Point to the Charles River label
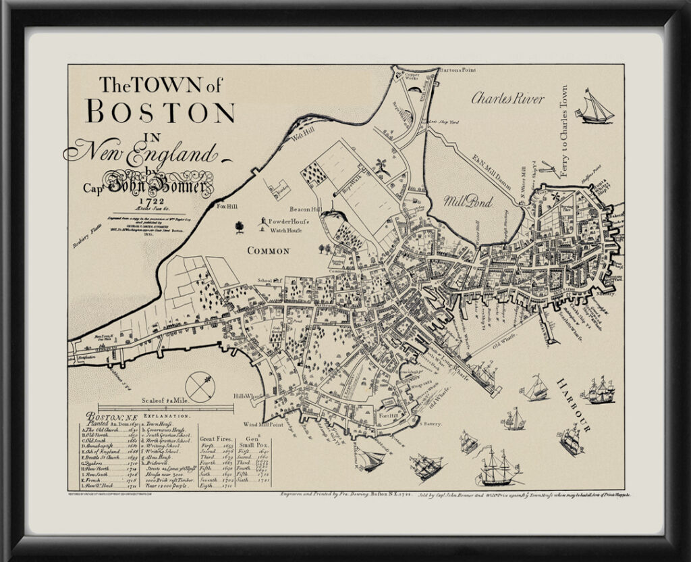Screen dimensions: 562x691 507,99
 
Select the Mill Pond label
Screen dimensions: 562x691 468,201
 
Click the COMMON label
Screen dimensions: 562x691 268,251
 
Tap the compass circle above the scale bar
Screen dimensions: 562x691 200,386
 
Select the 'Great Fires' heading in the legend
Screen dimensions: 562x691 217,438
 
